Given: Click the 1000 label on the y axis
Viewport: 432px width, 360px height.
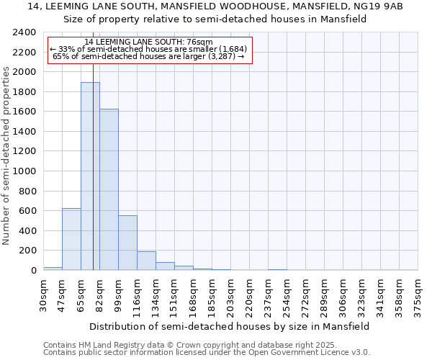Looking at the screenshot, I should coord(24,171).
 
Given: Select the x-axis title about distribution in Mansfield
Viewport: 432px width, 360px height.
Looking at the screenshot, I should coord(230,326).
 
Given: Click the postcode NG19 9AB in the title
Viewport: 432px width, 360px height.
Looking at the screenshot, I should coord(377,6).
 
